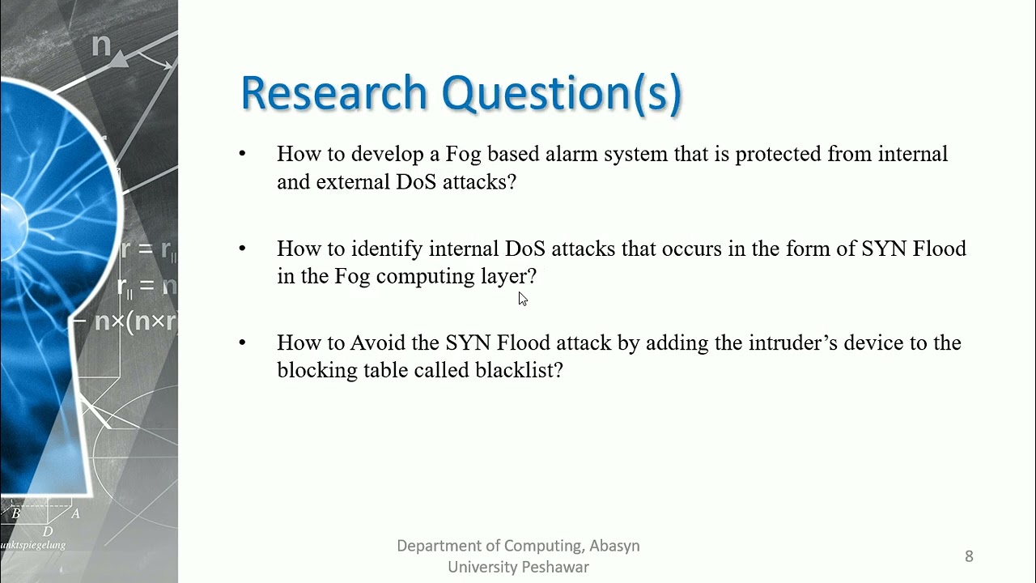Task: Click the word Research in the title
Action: point(333,92)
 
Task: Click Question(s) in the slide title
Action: point(562,95)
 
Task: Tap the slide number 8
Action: point(969,555)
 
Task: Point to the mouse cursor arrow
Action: point(523,299)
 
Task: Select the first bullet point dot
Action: point(242,153)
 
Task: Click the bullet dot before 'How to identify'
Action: point(242,249)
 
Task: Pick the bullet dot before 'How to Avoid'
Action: point(242,343)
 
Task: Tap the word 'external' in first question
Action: point(353,181)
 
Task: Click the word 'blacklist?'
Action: point(519,370)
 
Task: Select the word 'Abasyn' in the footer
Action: point(614,547)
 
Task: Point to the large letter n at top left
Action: point(101,45)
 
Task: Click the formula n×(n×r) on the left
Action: point(136,321)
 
